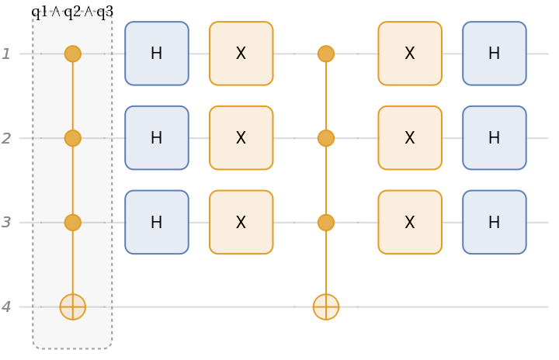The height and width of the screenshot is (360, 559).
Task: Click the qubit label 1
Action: (x=6, y=54)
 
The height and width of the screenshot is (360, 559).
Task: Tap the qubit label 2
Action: (x=6, y=138)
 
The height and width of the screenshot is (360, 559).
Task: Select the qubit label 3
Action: (x=6, y=223)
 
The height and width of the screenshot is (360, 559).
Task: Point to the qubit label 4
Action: (x=6, y=307)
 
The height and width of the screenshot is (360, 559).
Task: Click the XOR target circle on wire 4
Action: (x=73, y=307)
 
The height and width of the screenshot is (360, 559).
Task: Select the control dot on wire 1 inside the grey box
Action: (x=73, y=54)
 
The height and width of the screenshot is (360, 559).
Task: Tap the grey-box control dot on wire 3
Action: (x=73, y=223)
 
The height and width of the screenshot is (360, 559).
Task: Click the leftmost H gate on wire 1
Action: (x=157, y=54)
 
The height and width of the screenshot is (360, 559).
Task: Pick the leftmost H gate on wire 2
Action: (x=157, y=138)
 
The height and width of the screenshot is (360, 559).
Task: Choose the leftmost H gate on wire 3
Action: (x=157, y=223)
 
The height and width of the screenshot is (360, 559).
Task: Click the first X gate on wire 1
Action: (x=241, y=54)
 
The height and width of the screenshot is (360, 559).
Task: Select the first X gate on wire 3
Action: (x=241, y=223)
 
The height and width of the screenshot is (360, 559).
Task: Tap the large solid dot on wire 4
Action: (x=326, y=307)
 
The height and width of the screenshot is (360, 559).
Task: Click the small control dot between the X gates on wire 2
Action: (x=326, y=138)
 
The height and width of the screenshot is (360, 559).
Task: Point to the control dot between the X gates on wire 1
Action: (x=326, y=54)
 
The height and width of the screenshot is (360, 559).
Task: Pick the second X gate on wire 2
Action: (x=410, y=138)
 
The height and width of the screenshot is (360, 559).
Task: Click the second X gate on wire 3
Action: (x=410, y=223)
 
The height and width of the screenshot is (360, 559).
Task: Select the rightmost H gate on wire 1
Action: (x=495, y=54)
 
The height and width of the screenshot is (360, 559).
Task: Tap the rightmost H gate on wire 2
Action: (x=495, y=138)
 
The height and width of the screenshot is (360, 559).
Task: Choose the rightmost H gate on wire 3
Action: (x=495, y=223)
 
